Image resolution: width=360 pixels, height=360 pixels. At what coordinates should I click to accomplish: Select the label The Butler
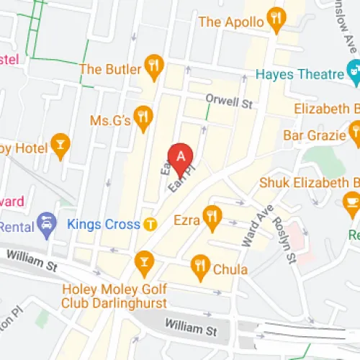click(110, 69)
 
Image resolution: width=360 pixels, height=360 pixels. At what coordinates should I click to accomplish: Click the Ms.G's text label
click(110, 120)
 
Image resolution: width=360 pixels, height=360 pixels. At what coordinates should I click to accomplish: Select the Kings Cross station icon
click(150, 223)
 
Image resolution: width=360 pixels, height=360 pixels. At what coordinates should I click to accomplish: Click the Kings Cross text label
click(103, 223)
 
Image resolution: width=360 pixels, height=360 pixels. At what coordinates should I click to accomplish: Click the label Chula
click(230, 271)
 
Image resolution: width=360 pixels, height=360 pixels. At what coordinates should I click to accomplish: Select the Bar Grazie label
click(315, 135)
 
